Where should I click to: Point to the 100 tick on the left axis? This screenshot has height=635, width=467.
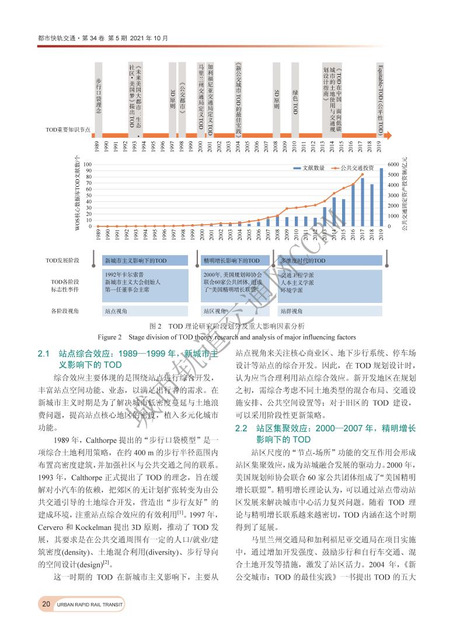click(x=88, y=164)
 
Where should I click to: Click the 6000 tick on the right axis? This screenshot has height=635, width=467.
click(x=392, y=164)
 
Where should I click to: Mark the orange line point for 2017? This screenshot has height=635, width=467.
click(x=363, y=175)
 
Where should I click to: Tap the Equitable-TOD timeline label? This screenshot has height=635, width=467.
click(x=380, y=99)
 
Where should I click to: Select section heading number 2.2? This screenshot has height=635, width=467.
click(x=242, y=428)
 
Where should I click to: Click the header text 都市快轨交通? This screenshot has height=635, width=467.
click(x=53, y=38)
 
